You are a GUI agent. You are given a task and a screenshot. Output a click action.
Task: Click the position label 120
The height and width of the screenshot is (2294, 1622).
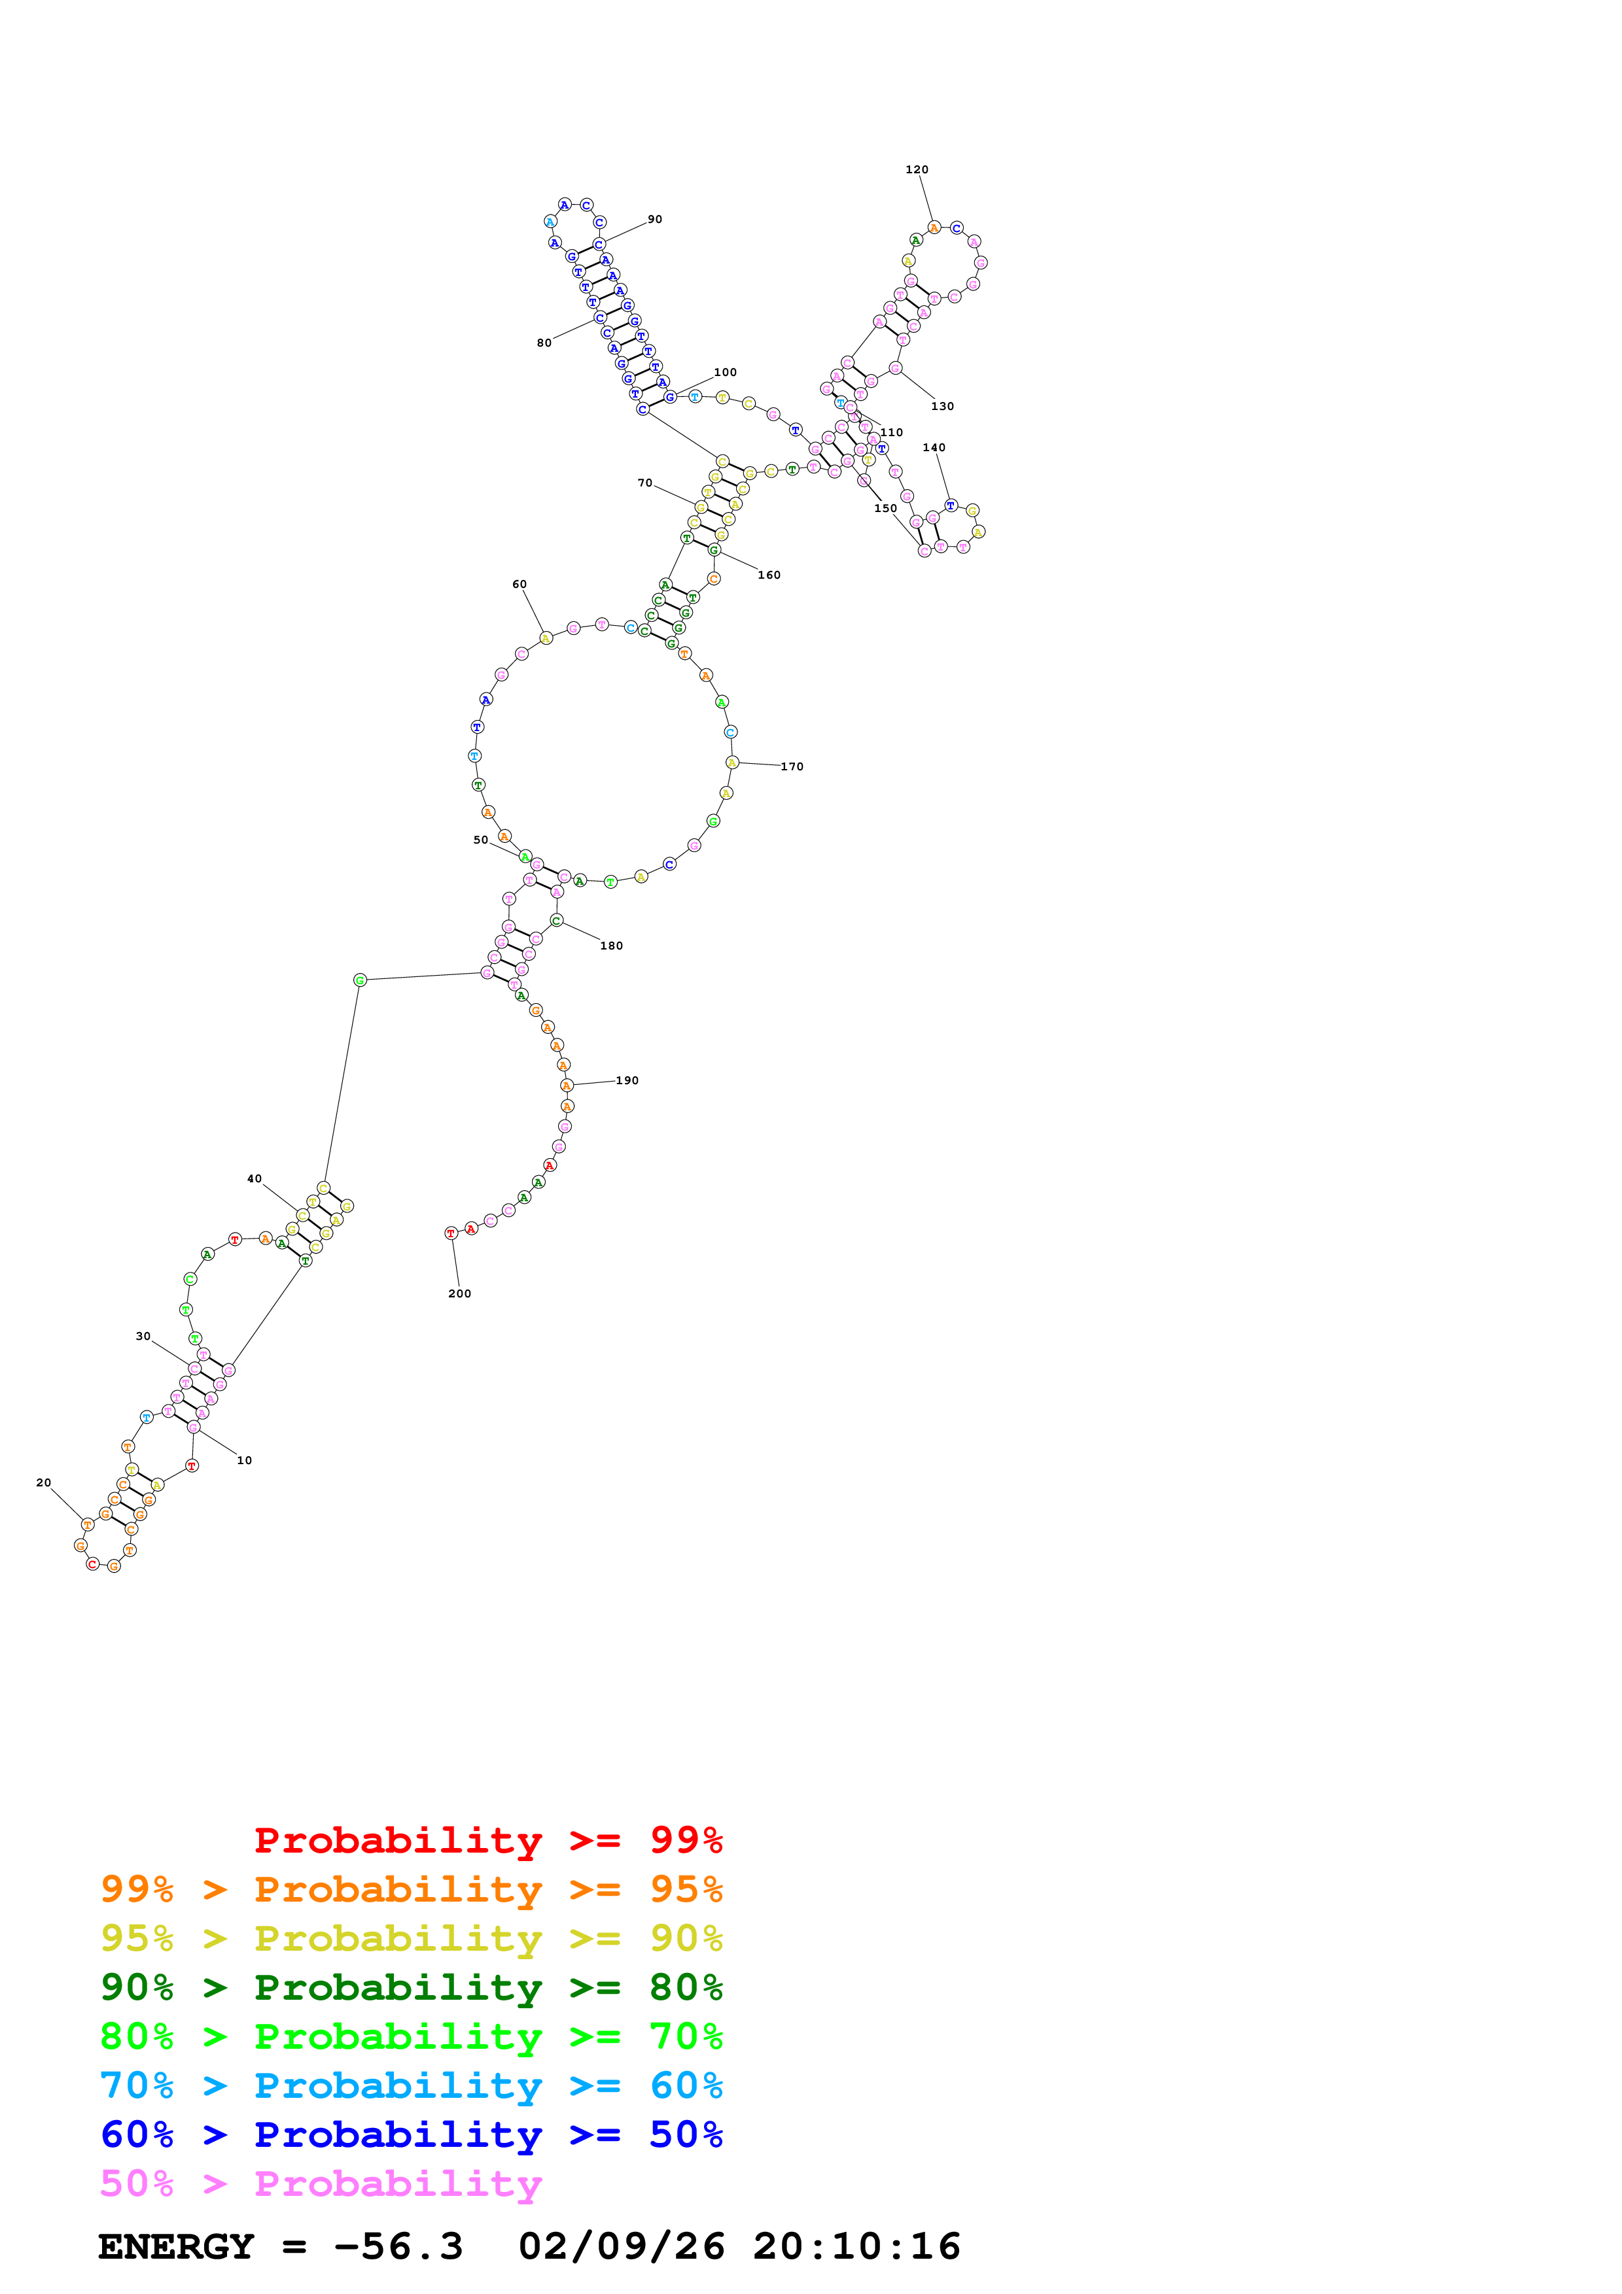click(x=917, y=170)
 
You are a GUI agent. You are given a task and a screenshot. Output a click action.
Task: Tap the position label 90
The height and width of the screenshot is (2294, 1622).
click(x=654, y=220)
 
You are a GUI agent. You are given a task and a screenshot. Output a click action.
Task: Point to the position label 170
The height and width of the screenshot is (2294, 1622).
click(x=792, y=767)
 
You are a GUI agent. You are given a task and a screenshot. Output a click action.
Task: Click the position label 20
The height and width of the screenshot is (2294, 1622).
click(x=43, y=1482)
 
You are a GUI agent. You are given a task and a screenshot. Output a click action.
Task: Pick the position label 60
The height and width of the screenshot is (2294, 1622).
click(x=519, y=585)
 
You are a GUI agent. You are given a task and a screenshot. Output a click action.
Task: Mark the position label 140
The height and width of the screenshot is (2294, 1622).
click(x=934, y=447)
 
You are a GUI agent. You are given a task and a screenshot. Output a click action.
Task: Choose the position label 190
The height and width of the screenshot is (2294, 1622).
click(x=627, y=1081)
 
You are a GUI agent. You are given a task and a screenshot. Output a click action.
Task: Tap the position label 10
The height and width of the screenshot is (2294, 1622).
click(x=244, y=1461)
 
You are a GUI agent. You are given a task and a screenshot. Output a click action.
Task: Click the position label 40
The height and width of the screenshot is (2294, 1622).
click(x=254, y=1179)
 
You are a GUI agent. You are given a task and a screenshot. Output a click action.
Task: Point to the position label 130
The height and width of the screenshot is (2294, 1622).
click(x=942, y=407)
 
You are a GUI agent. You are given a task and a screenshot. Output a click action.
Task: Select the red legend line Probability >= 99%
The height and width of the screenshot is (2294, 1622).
click(x=487, y=1840)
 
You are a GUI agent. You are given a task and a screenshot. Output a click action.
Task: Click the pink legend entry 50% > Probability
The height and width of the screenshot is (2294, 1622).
click(x=321, y=2184)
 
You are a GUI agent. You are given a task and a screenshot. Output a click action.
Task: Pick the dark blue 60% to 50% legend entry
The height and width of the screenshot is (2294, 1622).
click(x=411, y=2135)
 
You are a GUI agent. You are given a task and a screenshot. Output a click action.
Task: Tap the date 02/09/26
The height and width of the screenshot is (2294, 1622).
click(x=621, y=2247)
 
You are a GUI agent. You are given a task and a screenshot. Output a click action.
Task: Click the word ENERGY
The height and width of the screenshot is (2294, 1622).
click(x=176, y=2247)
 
